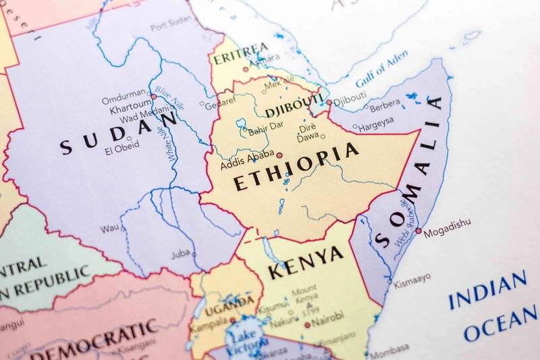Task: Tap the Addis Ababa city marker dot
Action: point(279,155)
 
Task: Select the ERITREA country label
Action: point(241,55)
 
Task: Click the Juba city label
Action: point(181,254)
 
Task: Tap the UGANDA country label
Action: point(230,302)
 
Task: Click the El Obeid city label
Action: point(122,145)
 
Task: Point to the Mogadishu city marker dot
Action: point(418,231)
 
